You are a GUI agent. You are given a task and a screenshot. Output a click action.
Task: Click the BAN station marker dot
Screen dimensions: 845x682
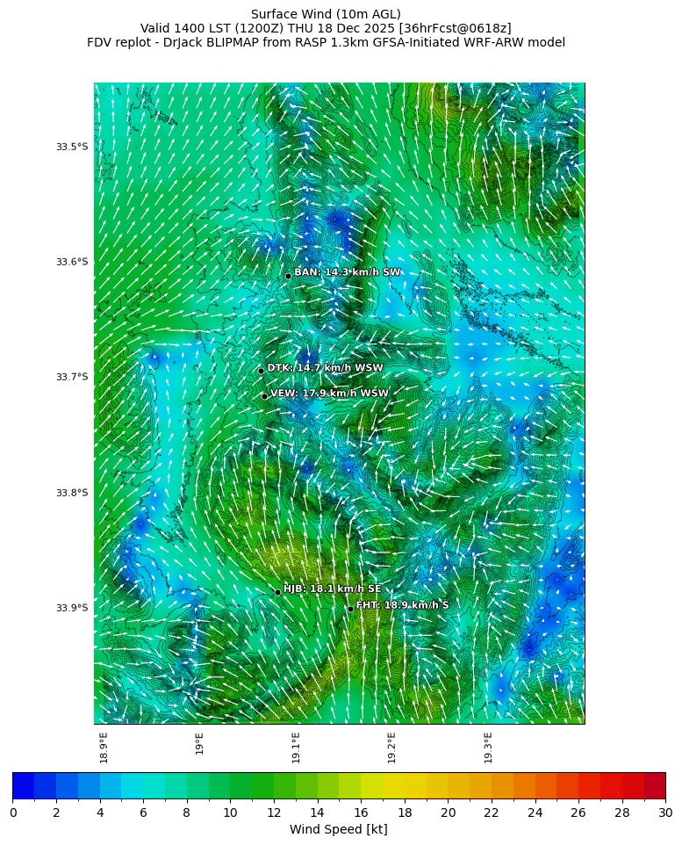tap(288, 276)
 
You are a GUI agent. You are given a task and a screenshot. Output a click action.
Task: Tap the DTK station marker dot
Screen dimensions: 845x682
tap(261, 371)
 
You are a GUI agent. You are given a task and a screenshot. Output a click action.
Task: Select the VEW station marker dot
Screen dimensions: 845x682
tap(264, 396)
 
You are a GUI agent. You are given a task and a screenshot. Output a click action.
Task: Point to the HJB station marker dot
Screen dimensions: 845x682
tap(277, 592)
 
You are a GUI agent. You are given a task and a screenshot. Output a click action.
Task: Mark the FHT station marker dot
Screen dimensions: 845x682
tap(350, 609)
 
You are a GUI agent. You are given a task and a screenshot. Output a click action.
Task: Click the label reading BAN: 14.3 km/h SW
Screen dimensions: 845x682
tap(348, 272)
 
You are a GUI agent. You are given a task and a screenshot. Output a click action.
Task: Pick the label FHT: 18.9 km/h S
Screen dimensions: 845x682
tap(403, 605)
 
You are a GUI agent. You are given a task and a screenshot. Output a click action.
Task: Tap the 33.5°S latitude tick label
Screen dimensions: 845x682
tap(72, 147)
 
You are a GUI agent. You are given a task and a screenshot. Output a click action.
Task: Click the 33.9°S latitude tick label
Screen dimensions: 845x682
tap(72, 608)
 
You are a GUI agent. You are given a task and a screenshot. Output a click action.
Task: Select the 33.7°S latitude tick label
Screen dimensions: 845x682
tap(72, 378)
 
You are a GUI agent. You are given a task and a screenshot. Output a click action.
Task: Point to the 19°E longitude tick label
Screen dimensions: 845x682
tap(199, 744)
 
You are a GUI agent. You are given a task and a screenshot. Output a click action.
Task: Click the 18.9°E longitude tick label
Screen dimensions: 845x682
tap(104, 747)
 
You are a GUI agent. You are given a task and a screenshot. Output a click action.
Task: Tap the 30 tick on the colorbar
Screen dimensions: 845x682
tap(664, 813)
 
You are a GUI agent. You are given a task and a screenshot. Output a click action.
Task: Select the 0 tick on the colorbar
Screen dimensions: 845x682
tap(13, 813)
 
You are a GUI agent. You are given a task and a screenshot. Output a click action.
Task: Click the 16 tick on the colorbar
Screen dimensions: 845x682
tap(361, 813)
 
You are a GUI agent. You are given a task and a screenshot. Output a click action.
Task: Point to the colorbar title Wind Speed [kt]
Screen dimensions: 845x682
tap(339, 830)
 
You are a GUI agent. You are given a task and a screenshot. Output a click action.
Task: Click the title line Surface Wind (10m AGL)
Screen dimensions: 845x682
tap(326, 14)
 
